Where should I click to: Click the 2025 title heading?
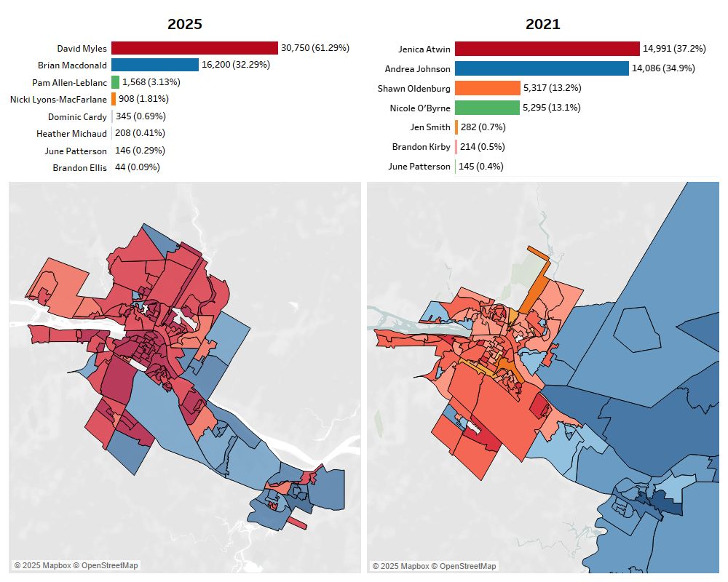pyautogui.click(x=185, y=24)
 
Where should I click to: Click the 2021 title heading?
pyautogui.click(x=543, y=24)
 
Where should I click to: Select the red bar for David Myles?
pyautogui.click(x=194, y=48)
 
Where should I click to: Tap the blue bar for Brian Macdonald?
pyautogui.click(x=155, y=65)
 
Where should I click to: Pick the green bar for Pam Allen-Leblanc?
pyautogui.click(x=115, y=82)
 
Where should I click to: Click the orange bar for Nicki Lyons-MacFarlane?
pyautogui.click(x=114, y=99)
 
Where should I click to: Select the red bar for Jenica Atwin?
pyautogui.click(x=547, y=49)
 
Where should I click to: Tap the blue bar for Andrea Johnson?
pyautogui.click(x=542, y=68)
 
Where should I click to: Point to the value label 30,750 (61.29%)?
pyautogui.click(x=315, y=48)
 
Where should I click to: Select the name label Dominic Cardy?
pyautogui.click(x=77, y=116)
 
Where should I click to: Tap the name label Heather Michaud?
pyautogui.click(x=71, y=134)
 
